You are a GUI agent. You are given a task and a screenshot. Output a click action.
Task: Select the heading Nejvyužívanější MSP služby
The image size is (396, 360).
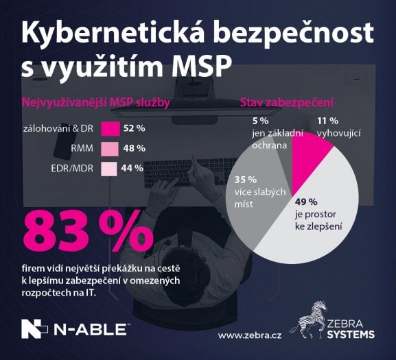point(96,103)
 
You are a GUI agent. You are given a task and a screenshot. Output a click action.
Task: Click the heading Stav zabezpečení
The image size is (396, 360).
point(286,103)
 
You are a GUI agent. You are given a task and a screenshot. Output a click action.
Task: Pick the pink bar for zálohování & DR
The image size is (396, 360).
point(110,128)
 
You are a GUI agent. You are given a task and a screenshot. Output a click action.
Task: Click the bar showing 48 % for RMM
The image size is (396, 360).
point(110,148)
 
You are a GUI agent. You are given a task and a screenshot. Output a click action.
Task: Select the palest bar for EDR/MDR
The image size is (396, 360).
point(110,168)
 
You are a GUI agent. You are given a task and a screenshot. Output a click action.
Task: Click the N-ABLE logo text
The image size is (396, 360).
point(93,331)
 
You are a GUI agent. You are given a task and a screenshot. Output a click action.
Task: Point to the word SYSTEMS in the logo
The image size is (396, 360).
point(351,334)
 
